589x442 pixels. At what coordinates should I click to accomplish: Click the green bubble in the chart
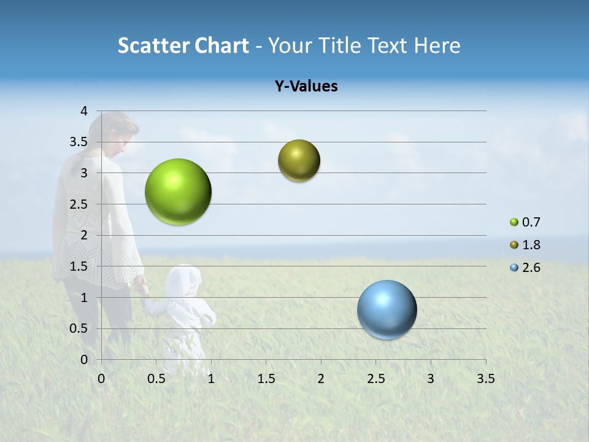point(179,192)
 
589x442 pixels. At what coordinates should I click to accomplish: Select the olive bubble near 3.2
point(299,161)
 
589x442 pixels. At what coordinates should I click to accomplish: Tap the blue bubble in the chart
point(387,309)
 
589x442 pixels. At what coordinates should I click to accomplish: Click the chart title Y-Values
point(306,87)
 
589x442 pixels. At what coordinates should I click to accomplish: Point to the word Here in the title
point(437,45)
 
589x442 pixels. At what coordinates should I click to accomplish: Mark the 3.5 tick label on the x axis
point(485,378)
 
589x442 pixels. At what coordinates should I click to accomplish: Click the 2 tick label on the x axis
point(321,378)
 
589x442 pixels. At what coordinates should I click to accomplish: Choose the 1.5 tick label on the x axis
point(266,378)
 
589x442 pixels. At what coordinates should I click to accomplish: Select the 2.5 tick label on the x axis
point(375,378)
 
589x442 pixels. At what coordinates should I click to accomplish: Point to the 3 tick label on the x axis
point(431,378)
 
